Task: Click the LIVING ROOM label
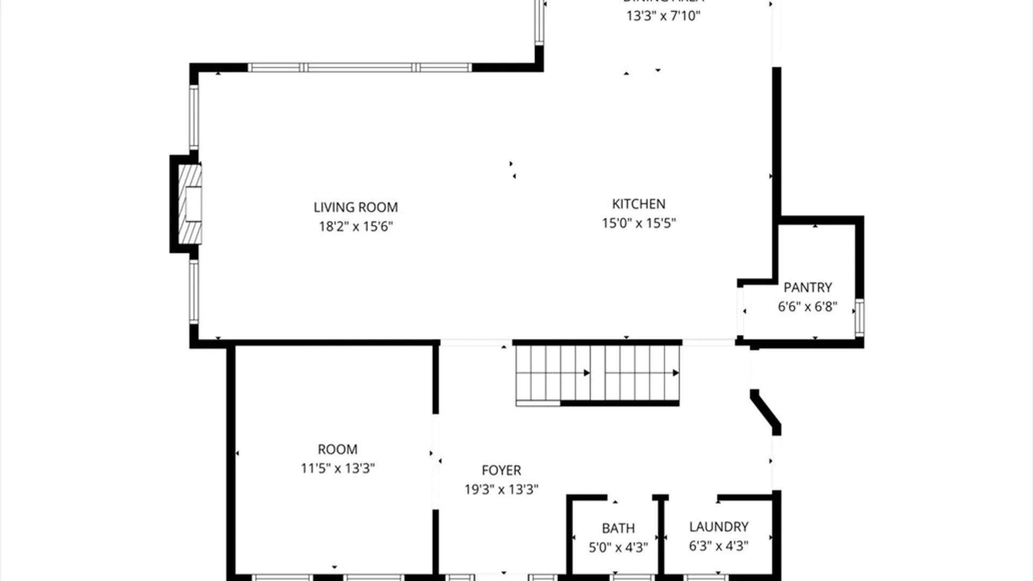tap(356, 207)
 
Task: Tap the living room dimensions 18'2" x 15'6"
tap(356, 226)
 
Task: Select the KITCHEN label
tap(639, 204)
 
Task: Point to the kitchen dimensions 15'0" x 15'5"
tap(639, 223)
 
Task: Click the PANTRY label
tap(808, 287)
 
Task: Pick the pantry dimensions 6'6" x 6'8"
tap(808, 307)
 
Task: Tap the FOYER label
tap(501, 470)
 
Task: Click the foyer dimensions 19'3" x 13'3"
tap(501, 490)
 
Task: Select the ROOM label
tap(337, 449)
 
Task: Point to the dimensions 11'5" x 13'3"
tap(337, 469)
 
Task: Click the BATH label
tap(618, 528)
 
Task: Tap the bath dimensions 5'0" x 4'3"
tap(618, 548)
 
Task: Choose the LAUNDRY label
tap(719, 527)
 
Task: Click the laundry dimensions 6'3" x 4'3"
tap(719, 546)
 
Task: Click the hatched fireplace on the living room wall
tap(189, 204)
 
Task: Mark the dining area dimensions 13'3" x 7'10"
tap(663, 16)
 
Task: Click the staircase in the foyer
tap(597, 373)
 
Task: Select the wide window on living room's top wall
tap(359, 68)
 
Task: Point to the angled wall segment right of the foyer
tap(766, 412)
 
